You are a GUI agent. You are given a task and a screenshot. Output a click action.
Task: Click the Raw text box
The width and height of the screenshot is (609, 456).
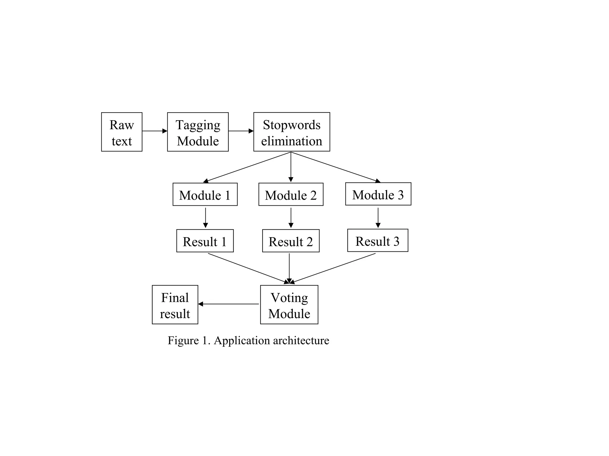point(122,132)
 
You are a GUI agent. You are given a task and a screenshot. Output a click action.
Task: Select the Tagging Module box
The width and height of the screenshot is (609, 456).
point(198,132)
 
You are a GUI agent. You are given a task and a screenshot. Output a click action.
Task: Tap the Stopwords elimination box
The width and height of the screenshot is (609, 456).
point(291,132)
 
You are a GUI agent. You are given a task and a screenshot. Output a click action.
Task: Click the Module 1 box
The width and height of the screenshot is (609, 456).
point(205,194)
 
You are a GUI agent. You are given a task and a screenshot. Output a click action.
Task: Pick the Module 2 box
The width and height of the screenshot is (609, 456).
point(291,194)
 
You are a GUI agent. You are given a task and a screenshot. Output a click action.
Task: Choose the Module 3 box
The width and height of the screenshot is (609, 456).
point(378,194)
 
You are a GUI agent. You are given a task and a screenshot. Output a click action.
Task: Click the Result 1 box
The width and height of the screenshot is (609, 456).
point(205,241)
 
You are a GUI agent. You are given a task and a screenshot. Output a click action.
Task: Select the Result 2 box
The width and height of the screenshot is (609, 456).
point(291,241)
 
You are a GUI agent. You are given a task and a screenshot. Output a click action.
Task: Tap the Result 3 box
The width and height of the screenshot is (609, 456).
point(378,240)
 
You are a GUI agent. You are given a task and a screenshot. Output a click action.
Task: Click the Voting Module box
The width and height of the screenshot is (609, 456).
point(289,305)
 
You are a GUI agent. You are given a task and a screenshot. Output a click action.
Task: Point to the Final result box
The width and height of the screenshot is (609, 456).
point(175,305)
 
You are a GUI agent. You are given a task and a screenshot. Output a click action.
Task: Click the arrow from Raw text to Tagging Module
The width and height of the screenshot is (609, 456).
point(155,131)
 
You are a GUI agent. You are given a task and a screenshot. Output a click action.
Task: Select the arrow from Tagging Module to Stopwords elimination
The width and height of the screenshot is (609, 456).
point(241,131)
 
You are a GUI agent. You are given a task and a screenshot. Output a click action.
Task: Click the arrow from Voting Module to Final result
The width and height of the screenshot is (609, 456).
point(228,304)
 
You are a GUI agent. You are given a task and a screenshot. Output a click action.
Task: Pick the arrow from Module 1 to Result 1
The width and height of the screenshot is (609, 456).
point(205,218)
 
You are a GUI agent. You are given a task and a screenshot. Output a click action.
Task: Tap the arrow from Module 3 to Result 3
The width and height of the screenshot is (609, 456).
point(378,218)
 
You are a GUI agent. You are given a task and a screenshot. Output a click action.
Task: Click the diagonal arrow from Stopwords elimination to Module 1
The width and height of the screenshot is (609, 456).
point(247,167)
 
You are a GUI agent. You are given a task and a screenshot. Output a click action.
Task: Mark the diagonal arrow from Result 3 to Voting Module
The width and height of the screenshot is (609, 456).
point(333,268)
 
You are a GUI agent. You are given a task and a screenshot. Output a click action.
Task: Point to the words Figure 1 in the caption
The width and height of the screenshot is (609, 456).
point(188,341)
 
